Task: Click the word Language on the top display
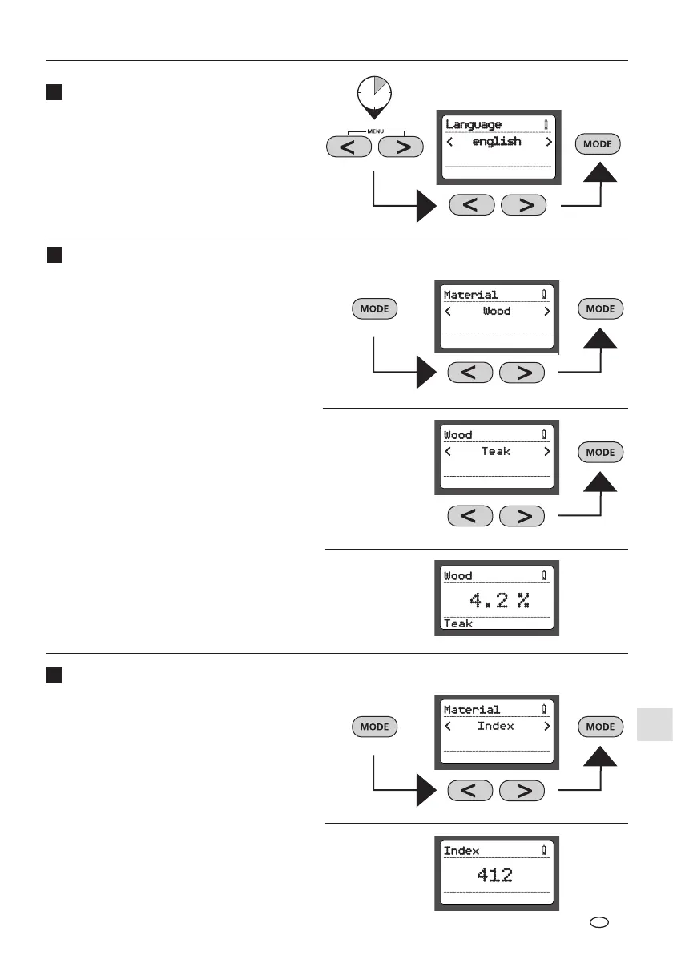[474, 124]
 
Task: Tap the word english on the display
[497, 142]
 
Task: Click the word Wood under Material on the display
[497, 311]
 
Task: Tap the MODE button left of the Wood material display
[374, 309]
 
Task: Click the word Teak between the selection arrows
[496, 452]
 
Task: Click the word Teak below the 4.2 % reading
[458, 623]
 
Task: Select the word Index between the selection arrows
[496, 726]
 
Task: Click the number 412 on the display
[495, 875]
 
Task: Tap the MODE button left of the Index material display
[374, 727]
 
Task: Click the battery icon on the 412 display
[545, 850]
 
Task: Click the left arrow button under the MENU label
[349, 147]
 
